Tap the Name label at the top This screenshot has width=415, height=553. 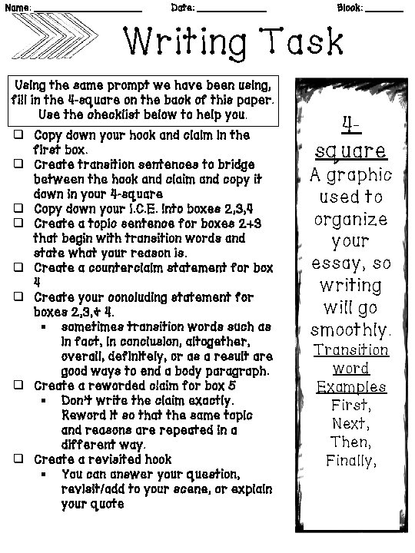pyautogui.click(x=17, y=7)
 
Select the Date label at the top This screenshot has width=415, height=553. pyautogui.click(x=182, y=7)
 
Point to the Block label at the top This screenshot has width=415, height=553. pyautogui.click(x=350, y=7)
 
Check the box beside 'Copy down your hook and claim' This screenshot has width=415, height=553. pyautogui.click(x=18, y=135)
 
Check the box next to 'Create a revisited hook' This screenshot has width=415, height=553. pyautogui.click(x=18, y=459)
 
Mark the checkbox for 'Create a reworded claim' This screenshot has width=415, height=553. pyautogui.click(x=18, y=386)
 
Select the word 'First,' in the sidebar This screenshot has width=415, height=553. pyautogui.click(x=350, y=405)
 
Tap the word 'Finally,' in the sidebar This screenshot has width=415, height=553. pyautogui.click(x=350, y=461)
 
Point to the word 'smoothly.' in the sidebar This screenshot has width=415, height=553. pyautogui.click(x=350, y=331)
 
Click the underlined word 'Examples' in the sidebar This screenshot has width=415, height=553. pyautogui.click(x=350, y=386)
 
